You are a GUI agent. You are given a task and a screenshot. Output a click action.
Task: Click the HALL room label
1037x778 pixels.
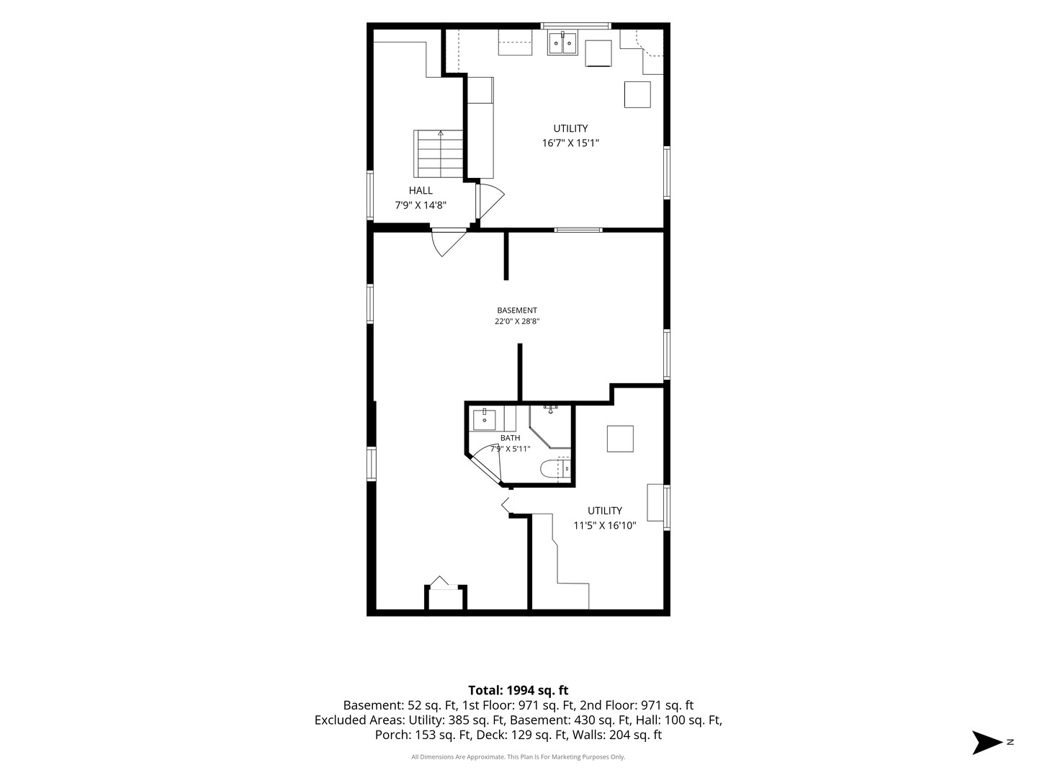(x=421, y=190)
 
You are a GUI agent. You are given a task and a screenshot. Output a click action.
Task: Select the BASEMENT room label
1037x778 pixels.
(x=517, y=310)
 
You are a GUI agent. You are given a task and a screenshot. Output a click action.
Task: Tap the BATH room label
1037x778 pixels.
(x=511, y=438)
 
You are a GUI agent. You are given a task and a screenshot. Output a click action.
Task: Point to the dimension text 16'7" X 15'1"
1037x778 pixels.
(x=570, y=143)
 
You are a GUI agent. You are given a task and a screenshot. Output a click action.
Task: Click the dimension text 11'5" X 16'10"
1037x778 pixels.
(x=605, y=525)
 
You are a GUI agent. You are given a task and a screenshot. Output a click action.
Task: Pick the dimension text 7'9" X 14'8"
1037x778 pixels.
(x=421, y=205)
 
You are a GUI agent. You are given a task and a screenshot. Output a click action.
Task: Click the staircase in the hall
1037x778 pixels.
(x=439, y=154)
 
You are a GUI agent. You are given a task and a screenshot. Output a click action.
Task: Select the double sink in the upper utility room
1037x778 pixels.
(x=562, y=43)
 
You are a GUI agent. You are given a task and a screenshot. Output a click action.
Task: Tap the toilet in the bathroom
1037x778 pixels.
(x=555, y=469)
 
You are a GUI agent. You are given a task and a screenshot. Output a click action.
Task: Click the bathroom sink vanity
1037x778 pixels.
(x=484, y=420)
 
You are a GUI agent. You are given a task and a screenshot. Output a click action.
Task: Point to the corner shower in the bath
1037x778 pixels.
(x=550, y=426)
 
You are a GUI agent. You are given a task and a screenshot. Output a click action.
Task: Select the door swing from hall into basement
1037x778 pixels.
(x=449, y=243)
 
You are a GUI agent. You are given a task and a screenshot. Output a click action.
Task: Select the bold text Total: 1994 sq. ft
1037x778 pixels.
(x=518, y=690)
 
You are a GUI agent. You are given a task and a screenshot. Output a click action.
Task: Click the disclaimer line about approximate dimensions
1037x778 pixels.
(x=518, y=756)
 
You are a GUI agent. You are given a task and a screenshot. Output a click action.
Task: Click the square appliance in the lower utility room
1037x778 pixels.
(x=620, y=439)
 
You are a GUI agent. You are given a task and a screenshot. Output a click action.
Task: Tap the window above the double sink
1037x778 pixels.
(x=576, y=26)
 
